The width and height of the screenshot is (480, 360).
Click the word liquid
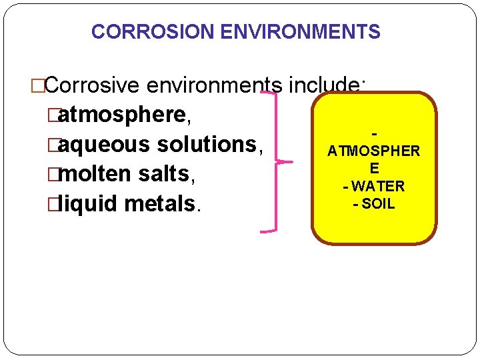pyautogui.click(x=94, y=203)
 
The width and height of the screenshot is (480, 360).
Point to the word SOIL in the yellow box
pyautogui.click(x=377, y=204)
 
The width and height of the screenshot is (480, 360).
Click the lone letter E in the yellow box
pyautogui.click(x=374, y=169)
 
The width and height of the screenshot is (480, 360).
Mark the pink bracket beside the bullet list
pyautogui.click(x=273, y=162)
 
